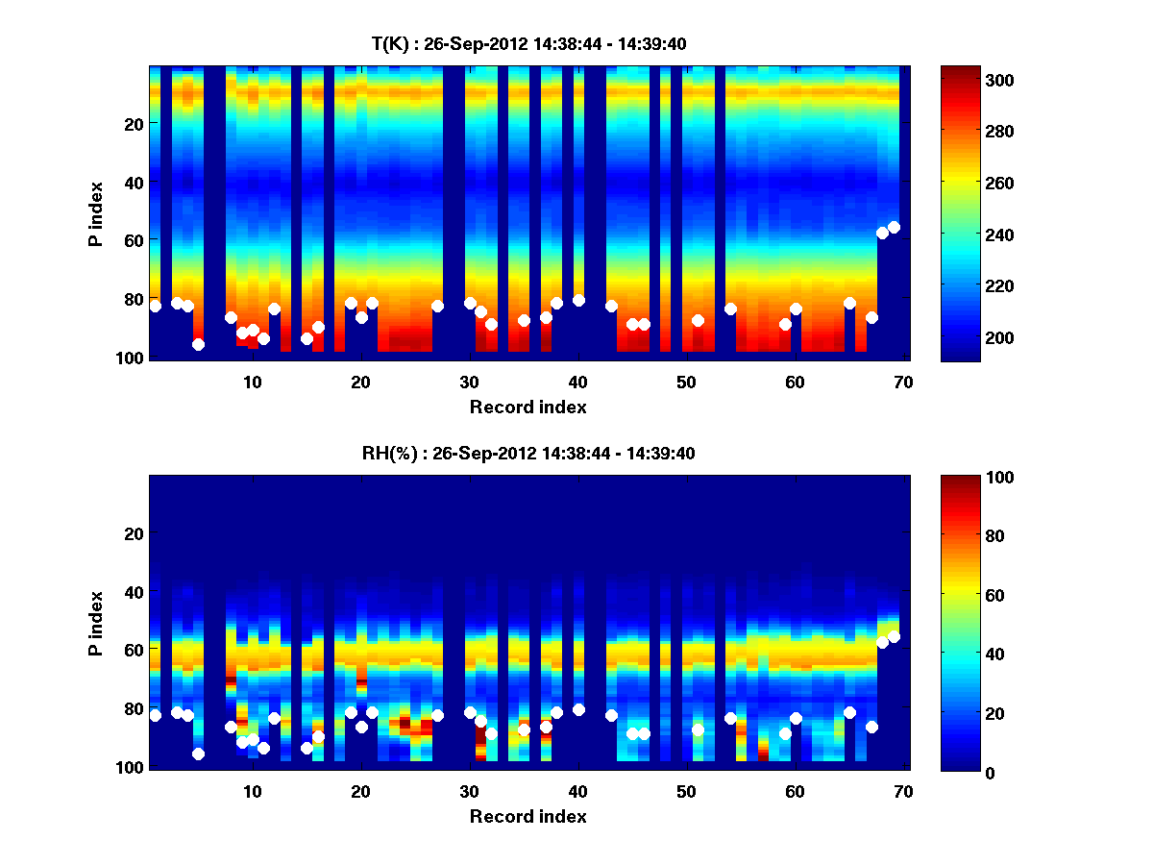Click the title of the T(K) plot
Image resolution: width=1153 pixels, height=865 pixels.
527,43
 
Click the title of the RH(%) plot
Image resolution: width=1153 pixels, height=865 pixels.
527,453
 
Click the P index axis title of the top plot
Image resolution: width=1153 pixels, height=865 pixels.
96,212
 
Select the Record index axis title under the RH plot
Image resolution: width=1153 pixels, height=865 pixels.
527,817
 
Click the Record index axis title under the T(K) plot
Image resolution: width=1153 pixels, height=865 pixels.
527,408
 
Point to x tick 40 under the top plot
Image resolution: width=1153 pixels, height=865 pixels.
577,382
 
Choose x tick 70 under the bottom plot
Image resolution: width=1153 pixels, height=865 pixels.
903,791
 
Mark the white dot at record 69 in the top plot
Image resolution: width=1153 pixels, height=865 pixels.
894,227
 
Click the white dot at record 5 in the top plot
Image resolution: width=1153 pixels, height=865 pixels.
198,344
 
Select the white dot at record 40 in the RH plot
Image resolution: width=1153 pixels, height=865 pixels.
578,709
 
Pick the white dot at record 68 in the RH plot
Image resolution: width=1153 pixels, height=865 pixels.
882,642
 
